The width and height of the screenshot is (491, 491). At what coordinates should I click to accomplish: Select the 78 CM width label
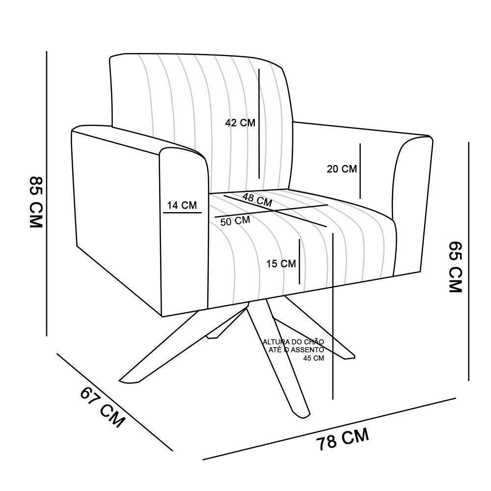(x=342, y=439)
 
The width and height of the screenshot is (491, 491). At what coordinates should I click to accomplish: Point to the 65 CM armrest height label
(x=455, y=267)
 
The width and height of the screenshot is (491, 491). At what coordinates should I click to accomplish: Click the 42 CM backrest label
(x=240, y=123)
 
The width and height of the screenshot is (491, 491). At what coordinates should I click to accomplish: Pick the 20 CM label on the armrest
(x=342, y=169)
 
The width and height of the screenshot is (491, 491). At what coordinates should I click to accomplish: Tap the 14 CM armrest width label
(x=182, y=205)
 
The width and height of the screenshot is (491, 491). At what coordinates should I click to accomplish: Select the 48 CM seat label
(x=257, y=200)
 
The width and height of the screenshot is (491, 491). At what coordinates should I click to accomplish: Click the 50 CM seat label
(x=235, y=221)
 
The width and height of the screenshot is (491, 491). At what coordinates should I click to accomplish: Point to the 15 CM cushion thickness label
(x=281, y=264)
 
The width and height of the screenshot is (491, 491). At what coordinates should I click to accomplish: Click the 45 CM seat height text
(x=314, y=358)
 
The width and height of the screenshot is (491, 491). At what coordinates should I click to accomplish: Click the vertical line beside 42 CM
(x=259, y=123)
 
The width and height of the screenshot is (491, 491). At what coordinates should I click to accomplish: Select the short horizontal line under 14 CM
(x=182, y=213)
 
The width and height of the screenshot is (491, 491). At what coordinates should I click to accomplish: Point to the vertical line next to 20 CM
(x=360, y=170)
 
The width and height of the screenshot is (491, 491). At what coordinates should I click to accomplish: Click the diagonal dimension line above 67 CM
(x=114, y=402)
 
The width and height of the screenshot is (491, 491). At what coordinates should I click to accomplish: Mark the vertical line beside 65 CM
(x=469, y=260)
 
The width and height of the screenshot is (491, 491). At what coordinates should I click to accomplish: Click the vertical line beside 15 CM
(x=299, y=262)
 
